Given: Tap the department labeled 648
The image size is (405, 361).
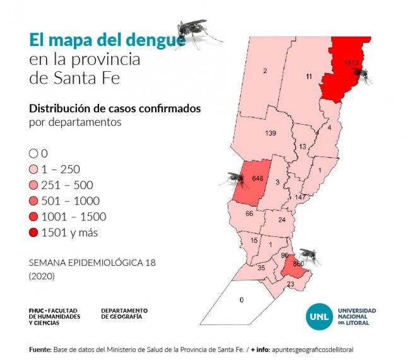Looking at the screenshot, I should pos(257,178).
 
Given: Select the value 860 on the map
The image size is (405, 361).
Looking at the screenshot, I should pos(298,262).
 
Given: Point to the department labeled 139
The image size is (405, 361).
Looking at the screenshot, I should pos(271,133).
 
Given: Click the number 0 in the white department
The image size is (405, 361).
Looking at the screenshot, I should pos(242,300).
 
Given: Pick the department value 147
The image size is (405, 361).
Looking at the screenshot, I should pos(300,197).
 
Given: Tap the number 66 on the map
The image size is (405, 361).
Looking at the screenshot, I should pos(249,214).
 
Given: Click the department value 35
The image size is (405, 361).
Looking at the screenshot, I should pos(261,267).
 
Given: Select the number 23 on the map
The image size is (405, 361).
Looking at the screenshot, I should pos(291,284).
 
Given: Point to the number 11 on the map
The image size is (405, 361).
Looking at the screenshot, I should pos(308,76).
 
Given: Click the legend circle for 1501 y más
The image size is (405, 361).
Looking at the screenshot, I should pos(33,232).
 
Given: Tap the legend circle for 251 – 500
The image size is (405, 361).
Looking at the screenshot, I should pos(33,185).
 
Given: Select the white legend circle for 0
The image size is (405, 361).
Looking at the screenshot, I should pos(33,153).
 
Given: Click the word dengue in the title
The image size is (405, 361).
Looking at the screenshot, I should pos(153,40).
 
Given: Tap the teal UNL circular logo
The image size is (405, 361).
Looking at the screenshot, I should pos(319,316).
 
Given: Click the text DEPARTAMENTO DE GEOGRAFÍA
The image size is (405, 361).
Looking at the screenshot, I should pos(124,313).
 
